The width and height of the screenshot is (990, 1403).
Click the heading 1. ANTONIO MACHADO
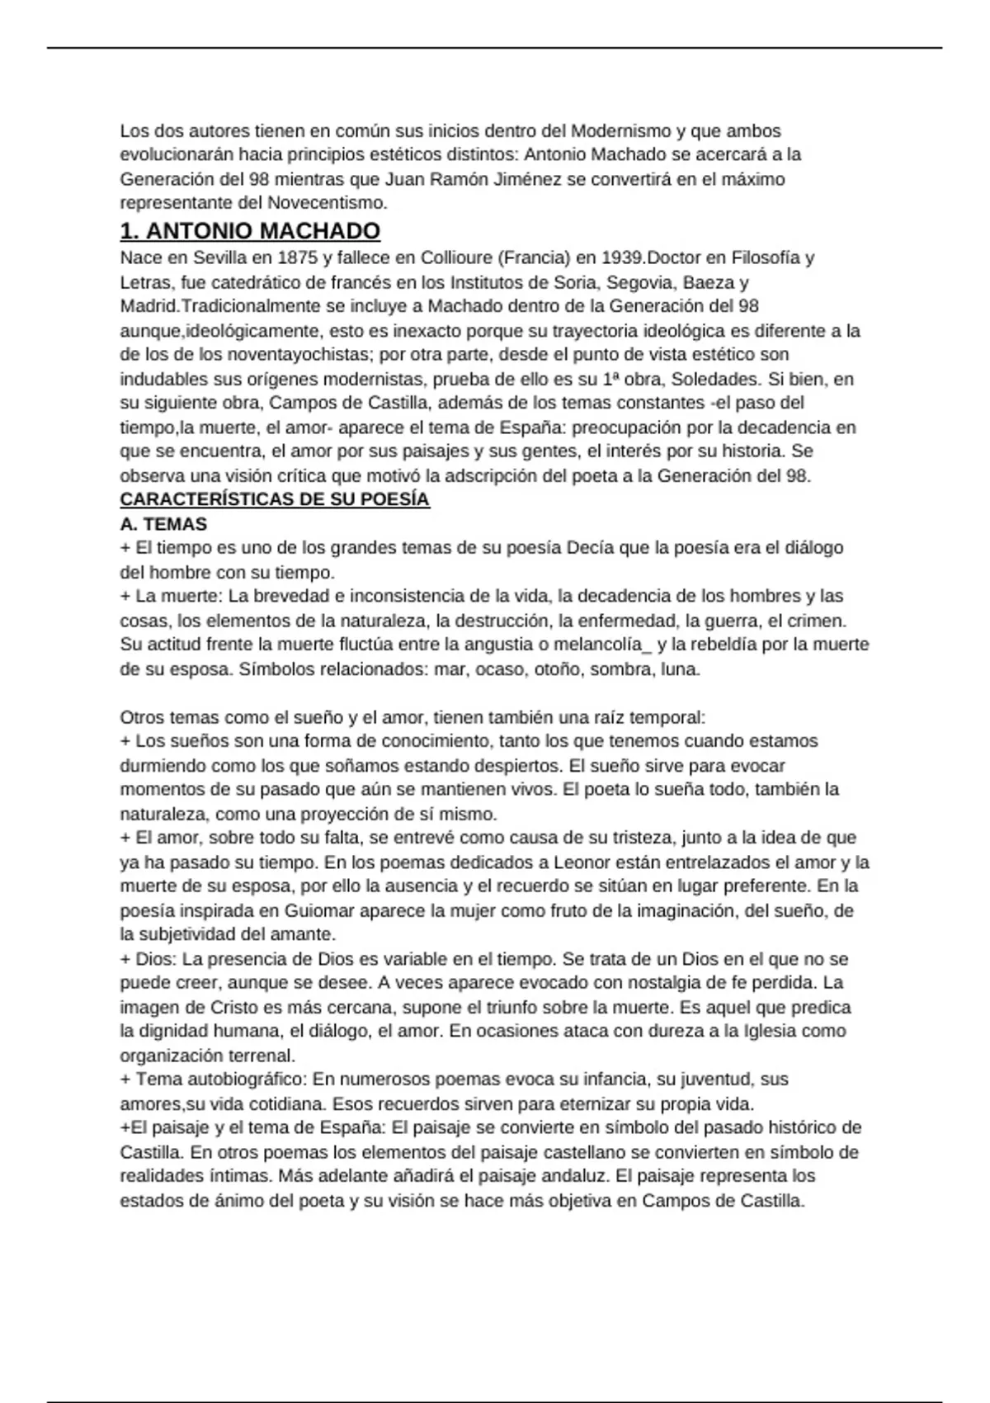point(250,231)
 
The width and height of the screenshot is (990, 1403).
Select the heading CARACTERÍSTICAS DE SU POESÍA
point(275,500)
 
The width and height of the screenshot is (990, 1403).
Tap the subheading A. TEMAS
point(163,524)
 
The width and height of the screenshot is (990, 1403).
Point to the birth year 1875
point(299,257)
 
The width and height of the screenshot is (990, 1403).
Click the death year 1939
point(624,257)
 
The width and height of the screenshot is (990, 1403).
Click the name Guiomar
point(320,911)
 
